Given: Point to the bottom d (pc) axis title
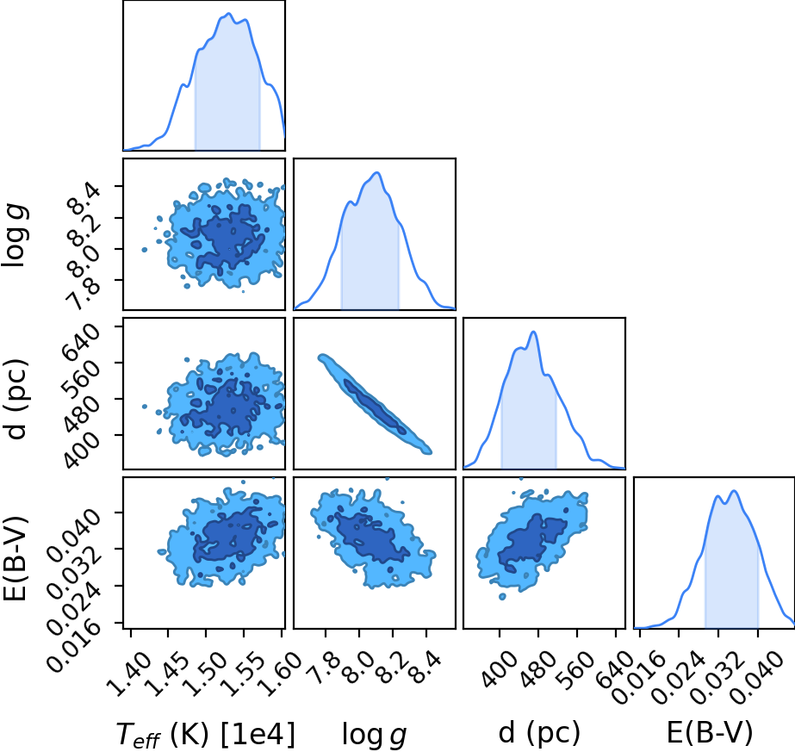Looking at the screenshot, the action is click(539, 733).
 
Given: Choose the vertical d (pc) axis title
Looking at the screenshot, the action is click(15, 399).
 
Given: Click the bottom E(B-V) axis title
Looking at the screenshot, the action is click(710, 733).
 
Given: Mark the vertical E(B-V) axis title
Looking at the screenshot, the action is click(15, 558).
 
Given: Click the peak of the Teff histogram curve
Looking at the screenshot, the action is click(228, 13).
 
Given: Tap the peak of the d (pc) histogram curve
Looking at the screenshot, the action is click(533, 332).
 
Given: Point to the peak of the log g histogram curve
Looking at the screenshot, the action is click(377, 173).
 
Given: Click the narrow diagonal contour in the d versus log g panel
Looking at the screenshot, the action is click(375, 404).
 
